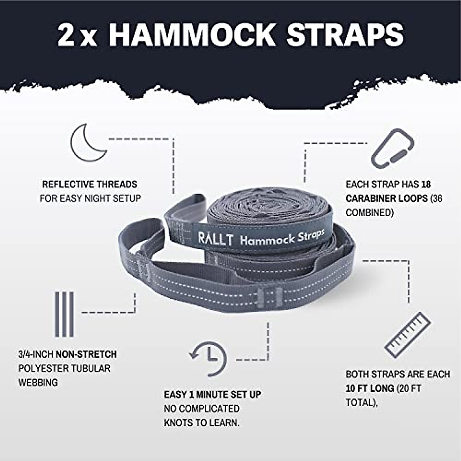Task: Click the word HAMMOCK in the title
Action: (192, 35)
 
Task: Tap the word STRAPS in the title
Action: (345, 35)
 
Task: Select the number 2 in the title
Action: (66, 35)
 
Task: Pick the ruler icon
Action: (408, 335)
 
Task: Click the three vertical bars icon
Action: (64, 314)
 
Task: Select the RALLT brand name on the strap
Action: (215, 239)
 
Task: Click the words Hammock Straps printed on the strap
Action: (282, 237)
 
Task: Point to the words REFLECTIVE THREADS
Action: (90, 184)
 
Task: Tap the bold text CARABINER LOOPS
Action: (386, 199)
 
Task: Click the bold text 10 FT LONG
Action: (370, 388)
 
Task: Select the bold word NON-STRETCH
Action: (86, 354)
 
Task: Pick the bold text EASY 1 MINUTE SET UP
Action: (212, 395)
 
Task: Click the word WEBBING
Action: (38, 383)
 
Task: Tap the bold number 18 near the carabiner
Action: (426, 184)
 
